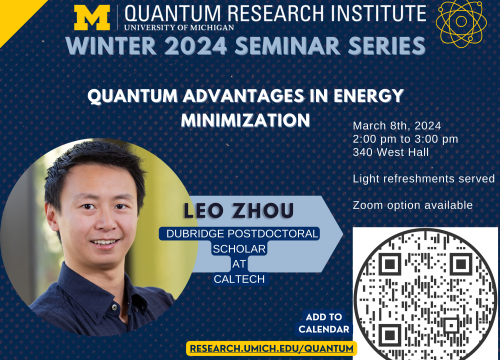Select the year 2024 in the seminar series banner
[x=223, y=47]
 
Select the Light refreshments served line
[x=423, y=179]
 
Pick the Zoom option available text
[x=412, y=205]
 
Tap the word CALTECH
[x=237, y=279]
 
